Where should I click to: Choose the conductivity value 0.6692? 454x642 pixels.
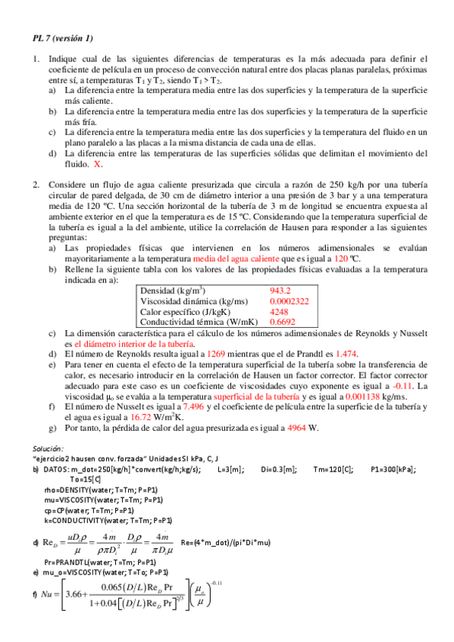point(283,321)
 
